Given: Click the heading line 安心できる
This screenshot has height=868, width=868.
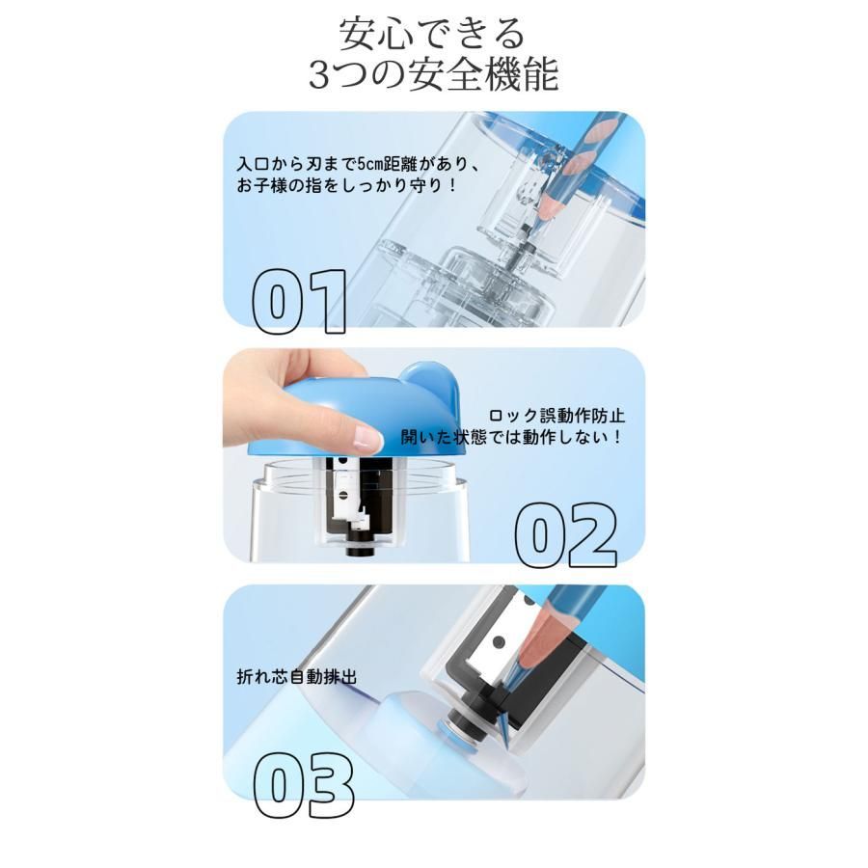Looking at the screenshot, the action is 432,34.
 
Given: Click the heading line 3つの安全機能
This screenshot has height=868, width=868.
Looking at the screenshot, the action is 433,74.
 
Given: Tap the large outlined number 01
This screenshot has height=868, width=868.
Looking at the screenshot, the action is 299,302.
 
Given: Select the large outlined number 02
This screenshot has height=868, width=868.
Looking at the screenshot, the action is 566,535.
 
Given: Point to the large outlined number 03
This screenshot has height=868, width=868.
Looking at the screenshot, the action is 304,785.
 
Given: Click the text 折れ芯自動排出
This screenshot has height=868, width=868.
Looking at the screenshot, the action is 297,676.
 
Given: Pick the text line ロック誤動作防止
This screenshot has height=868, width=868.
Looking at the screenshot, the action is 556,416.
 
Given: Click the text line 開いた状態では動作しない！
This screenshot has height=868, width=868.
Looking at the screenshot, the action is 511,437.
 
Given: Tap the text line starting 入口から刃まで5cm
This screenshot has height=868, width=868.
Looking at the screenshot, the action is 359,164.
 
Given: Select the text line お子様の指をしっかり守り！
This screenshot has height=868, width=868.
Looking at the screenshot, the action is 346,185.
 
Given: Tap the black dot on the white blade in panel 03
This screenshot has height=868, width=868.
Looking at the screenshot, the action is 500,642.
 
